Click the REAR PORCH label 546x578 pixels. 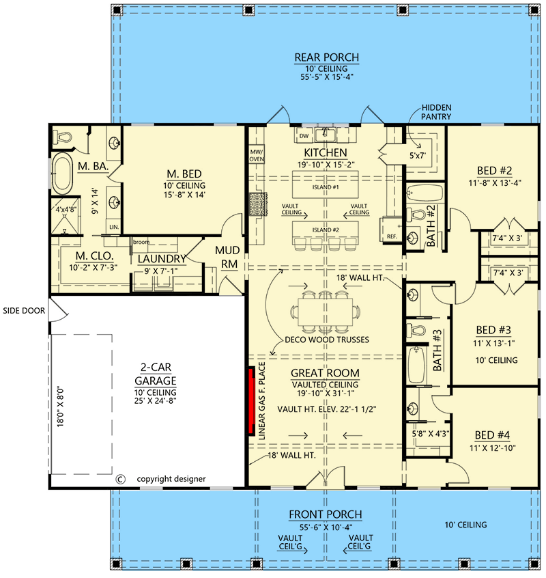[x=326, y=57]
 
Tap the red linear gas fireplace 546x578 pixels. [x=252, y=401]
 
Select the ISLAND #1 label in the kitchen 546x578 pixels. [x=326, y=187]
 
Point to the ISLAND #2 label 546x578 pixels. [x=326, y=230]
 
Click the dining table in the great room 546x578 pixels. [x=326, y=312]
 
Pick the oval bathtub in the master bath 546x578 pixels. [x=62, y=174]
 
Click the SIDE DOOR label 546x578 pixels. [x=24, y=311]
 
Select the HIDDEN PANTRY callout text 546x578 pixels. [x=436, y=112]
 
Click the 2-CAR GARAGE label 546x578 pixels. [x=156, y=374]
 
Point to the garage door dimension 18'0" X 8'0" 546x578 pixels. [x=61, y=407]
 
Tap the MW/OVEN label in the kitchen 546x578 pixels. [x=257, y=156]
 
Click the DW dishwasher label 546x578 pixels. [x=304, y=136]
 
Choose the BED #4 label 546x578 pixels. [x=492, y=435]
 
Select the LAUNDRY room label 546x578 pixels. [x=162, y=259]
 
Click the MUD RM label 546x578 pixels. [x=227, y=258]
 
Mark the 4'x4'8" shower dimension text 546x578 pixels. [x=66, y=209]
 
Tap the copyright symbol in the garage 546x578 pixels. [x=120, y=479]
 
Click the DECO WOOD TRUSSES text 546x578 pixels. [x=327, y=340]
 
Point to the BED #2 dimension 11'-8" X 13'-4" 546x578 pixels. [x=494, y=183]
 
